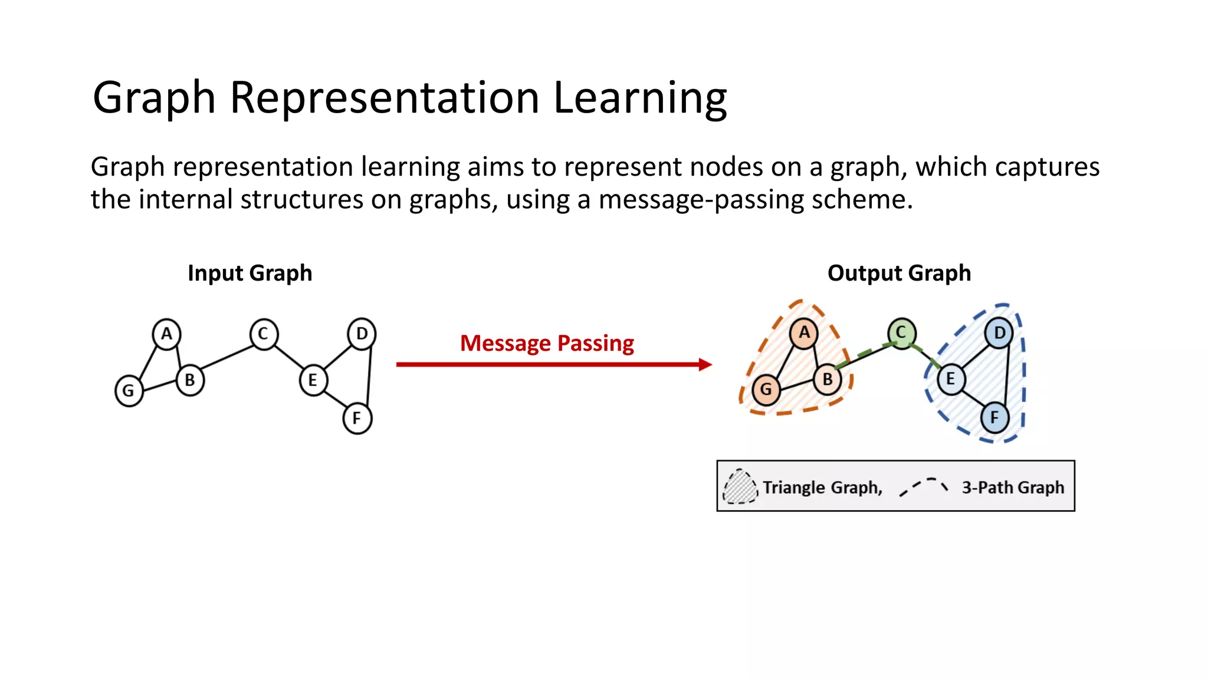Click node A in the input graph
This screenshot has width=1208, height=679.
tap(167, 334)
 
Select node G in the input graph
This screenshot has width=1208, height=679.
tap(129, 391)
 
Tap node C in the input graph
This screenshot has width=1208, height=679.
tap(263, 334)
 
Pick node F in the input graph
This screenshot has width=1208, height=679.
tap(357, 418)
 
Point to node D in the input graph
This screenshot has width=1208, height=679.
tap(362, 334)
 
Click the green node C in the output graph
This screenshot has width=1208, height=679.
tap(901, 333)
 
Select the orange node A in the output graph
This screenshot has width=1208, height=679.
tap(804, 333)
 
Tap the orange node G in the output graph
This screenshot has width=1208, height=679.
tap(766, 390)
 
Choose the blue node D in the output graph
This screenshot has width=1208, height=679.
tap(999, 333)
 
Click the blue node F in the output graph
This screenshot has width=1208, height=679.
tap(994, 418)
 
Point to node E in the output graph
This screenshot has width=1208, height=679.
tap(950, 379)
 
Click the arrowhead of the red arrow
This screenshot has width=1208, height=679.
tap(705, 365)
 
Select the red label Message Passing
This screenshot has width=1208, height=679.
tap(547, 343)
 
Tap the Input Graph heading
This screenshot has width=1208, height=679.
tap(250, 273)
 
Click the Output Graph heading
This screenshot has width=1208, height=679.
tap(899, 273)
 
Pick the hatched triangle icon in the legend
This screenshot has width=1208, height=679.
tap(740, 487)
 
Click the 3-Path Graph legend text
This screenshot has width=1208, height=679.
tap(1013, 487)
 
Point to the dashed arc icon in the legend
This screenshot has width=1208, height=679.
tap(924, 487)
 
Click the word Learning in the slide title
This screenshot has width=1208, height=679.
tap(640, 98)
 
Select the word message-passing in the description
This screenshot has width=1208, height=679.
tap(701, 199)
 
